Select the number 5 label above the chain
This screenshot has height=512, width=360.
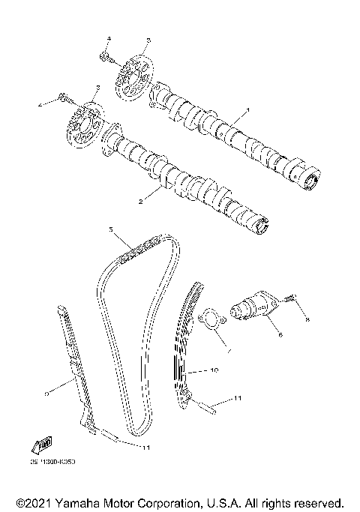click(x=110, y=229)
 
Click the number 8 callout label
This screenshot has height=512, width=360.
click(x=306, y=320)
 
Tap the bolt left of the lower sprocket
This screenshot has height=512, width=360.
click(x=64, y=97)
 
